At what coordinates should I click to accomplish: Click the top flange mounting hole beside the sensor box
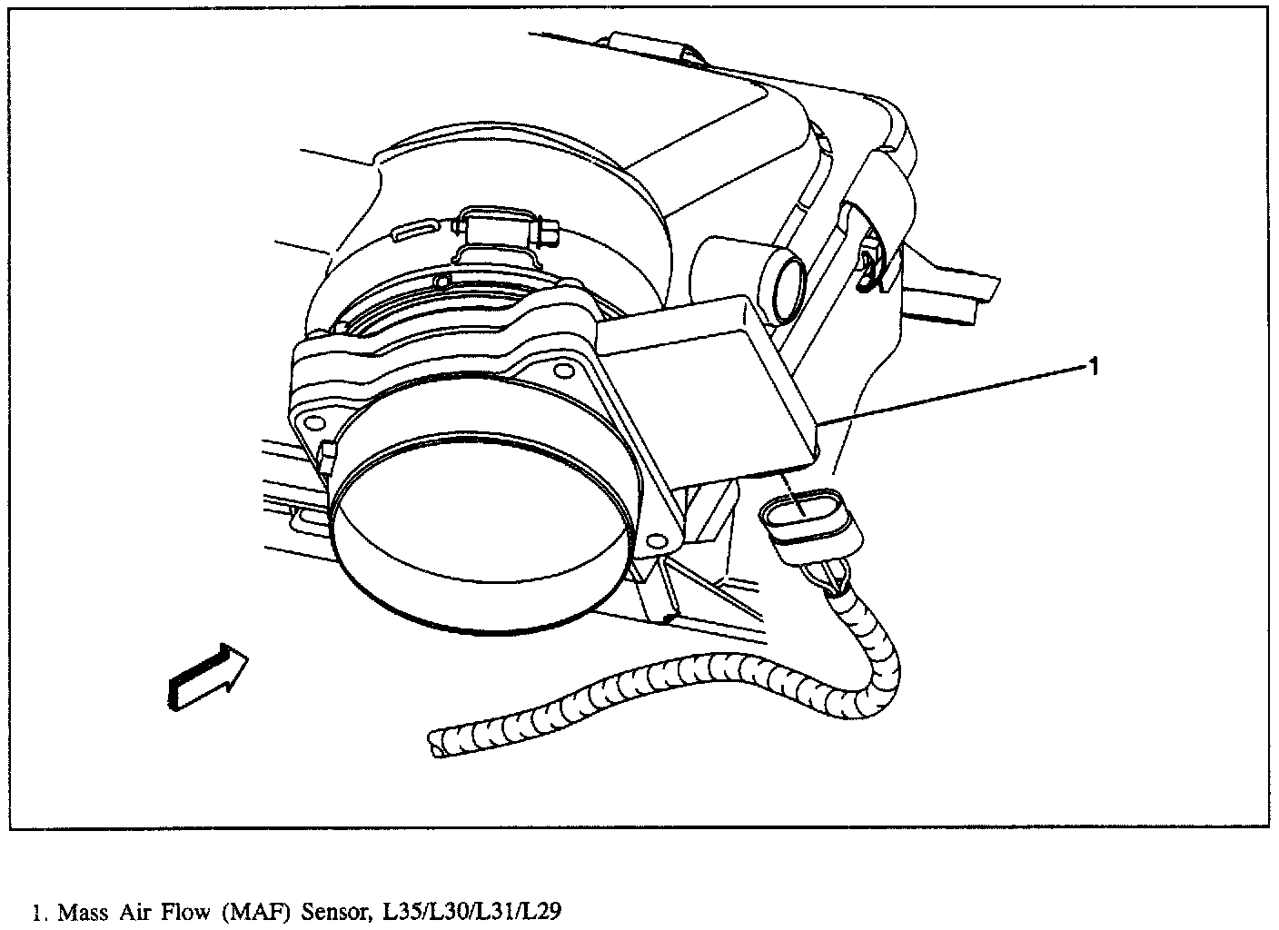pyautogui.click(x=559, y=368)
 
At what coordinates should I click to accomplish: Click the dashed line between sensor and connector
pyautogui.click(x=794, y=490)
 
